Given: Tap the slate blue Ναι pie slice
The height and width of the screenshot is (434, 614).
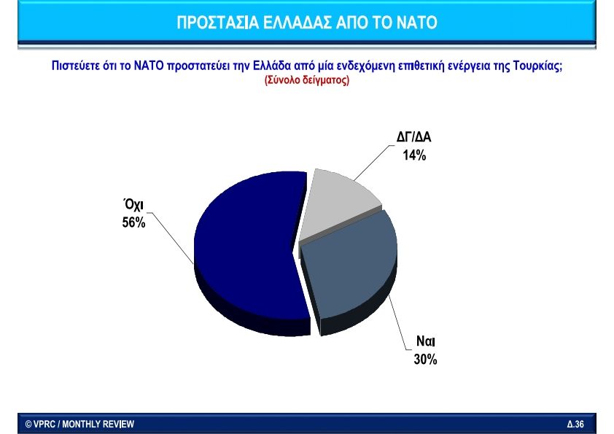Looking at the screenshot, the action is tap(349, 266).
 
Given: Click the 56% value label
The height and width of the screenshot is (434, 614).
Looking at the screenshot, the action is tap(133, 222).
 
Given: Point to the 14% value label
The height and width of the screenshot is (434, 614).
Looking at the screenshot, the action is tap(414, 155).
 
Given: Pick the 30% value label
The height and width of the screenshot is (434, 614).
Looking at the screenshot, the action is tap(425, 359).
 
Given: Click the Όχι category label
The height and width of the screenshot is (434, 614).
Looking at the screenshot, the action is tap(133, 205).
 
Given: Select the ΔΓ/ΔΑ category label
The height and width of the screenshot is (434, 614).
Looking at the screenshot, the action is tap(414, 136).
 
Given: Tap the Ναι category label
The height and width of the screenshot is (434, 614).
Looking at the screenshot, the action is tap(426, 341).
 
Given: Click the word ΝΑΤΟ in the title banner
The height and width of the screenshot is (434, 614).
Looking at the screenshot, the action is tap(416, 23).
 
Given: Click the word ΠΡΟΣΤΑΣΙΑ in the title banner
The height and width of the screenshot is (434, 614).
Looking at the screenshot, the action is tap(218, 23).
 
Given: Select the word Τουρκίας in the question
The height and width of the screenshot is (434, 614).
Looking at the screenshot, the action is tap(537, 66).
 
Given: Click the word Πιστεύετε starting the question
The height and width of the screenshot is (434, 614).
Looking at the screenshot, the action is tap(76, 66).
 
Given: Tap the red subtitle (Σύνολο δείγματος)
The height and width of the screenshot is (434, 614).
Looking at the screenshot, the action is tap(307, 80).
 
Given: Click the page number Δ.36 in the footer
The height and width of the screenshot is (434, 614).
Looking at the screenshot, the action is tap(575, 425).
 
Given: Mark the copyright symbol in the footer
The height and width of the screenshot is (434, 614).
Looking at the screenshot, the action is tap(28, 425).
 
